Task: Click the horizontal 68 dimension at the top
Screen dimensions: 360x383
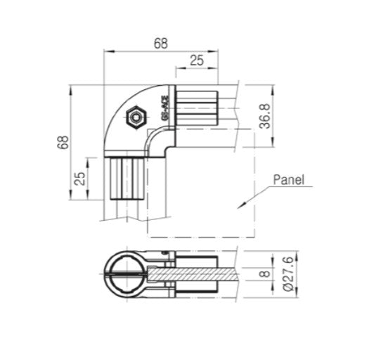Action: [x=160, y=42]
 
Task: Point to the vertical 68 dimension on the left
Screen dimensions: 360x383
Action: [x=63, y=143]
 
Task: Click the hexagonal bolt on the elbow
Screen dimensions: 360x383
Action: [x=134, y=117]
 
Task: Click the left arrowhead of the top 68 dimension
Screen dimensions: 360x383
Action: [x=107, y=51]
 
